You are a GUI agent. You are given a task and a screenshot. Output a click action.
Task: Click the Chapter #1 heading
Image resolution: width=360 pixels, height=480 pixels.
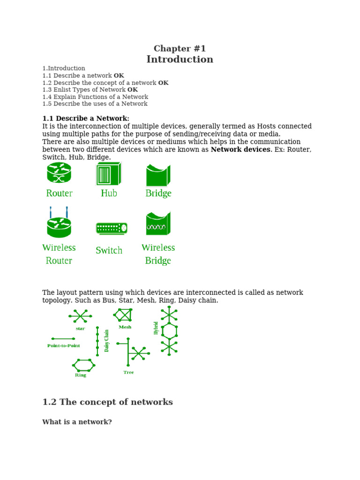180,49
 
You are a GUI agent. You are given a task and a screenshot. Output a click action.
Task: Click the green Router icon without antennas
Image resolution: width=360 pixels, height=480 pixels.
59,172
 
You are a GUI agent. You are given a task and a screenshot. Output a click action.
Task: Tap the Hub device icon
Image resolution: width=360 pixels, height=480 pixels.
109,173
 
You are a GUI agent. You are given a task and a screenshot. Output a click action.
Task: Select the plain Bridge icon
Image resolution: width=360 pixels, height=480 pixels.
158,175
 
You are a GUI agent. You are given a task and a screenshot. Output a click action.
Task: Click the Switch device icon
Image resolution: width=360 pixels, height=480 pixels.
111,228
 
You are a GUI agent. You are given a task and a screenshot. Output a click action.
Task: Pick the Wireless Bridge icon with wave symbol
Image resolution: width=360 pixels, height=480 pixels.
158,224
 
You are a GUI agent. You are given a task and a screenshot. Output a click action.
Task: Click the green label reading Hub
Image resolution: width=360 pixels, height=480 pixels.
109,193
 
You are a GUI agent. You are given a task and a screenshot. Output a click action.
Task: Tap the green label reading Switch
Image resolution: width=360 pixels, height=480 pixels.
109,251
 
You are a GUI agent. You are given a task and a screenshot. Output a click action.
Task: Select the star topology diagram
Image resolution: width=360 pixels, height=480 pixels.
80,316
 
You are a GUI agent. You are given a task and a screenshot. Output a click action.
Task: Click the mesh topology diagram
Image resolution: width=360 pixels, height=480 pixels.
123,315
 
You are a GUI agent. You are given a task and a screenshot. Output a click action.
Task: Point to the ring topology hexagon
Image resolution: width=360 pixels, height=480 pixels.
84,364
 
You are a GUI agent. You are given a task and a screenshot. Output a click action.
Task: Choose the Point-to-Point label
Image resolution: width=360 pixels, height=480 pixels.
64,345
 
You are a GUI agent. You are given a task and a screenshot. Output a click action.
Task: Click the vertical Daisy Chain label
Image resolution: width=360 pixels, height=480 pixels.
106,340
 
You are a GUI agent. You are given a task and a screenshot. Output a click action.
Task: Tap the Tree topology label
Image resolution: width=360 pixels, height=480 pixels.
128,372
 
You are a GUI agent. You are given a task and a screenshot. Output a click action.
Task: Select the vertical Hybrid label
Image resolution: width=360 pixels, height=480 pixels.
156,328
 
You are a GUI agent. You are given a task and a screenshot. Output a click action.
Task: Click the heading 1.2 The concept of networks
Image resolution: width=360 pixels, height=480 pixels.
107,402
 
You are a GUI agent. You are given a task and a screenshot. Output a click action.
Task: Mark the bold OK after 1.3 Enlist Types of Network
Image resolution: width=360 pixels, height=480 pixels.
133,90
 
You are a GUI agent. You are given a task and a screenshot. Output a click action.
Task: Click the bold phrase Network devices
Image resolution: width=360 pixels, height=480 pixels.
240,150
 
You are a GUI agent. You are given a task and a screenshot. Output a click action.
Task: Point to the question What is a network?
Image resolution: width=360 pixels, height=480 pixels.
77,422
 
